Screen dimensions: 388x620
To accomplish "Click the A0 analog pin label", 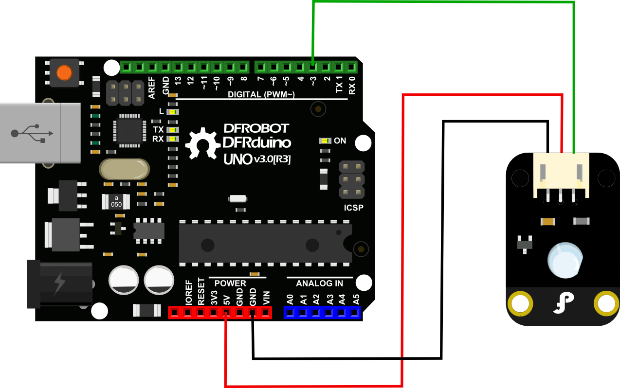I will [290, 299].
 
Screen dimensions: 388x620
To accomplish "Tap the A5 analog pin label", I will [356, 299].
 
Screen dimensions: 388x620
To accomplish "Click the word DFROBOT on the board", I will [256, 129].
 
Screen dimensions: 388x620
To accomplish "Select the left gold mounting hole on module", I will [519, 304].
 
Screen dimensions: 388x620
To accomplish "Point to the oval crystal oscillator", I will [124, 170].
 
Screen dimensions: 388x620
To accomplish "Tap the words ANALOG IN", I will [319, 283].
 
